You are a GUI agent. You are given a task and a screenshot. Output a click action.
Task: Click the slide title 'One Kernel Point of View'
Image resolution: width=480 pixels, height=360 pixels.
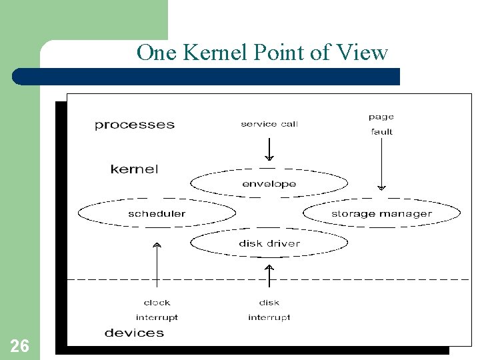click(262, 52)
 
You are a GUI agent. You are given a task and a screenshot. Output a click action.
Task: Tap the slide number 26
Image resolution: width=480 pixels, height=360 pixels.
click(19, 345)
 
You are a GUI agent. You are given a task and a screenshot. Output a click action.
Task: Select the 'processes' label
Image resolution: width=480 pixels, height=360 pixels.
click(135, 125)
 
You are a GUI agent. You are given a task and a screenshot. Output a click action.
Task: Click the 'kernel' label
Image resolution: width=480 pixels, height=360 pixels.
click(135, 169)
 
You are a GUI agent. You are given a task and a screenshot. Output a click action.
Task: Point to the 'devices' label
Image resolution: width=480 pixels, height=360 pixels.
click(134, 333)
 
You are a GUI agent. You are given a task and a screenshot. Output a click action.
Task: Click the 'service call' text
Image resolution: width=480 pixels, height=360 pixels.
click(269, 124)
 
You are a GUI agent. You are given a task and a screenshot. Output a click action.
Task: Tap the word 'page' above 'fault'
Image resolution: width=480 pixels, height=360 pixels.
click(381, 117)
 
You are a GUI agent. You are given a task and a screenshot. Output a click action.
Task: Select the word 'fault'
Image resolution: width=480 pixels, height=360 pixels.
click(381, 132)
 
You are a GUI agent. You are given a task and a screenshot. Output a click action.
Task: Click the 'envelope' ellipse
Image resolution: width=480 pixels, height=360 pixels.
click(269, 183)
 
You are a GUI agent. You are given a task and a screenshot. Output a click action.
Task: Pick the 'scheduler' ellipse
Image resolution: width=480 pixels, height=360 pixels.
click(157, 213)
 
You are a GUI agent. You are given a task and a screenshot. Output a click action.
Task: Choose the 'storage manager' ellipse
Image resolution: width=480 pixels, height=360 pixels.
click(381, 213)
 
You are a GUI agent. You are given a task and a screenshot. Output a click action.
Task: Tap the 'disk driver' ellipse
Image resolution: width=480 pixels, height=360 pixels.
click(269, 243)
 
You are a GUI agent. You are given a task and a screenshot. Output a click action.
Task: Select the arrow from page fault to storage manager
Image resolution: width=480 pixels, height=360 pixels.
click(381, 164)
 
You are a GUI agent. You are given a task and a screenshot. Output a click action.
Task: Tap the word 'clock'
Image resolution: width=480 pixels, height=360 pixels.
click(157, 303)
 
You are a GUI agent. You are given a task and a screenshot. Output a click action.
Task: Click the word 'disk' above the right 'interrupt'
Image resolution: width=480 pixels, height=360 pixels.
click(269, 303)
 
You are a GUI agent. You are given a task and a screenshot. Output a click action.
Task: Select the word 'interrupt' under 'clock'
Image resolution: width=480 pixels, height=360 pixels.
click(157, 317)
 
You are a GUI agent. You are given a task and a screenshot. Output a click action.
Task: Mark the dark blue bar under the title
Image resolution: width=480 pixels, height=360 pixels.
click(207, 77)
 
